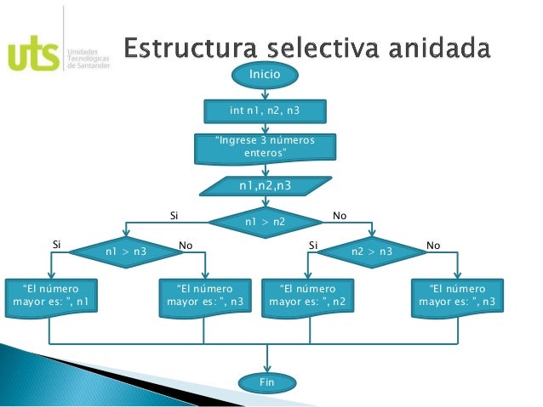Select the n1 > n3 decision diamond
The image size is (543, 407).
125,252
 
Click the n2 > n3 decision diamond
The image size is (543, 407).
372,252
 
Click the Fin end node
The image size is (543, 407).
266,383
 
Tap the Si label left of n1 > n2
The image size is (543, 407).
174,217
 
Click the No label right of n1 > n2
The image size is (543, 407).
339,217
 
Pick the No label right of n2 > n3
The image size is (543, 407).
433,245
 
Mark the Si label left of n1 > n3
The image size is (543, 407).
57,245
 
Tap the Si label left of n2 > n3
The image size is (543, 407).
312,245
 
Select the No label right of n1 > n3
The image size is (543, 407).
186,245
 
